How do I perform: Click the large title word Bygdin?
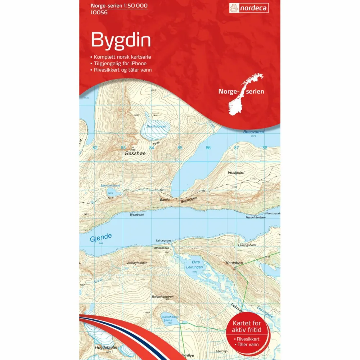121,40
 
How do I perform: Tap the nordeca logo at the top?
249,8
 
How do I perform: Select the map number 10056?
100,12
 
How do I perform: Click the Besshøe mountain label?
134,153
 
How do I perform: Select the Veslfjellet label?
236,172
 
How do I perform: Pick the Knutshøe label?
234,263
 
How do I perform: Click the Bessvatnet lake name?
253,132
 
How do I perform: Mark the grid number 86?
208,148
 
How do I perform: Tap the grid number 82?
95,148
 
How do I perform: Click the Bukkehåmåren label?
163,297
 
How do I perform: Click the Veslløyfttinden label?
137,263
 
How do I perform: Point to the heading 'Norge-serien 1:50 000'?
119,6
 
